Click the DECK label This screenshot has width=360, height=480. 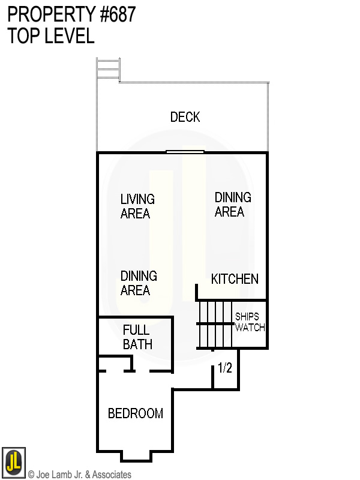click(185, 117)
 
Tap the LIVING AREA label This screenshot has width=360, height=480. click(137, 206)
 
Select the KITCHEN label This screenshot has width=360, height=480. click(235, 279)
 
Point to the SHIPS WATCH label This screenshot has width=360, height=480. click(250, 322)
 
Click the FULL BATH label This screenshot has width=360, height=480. click(137, 337)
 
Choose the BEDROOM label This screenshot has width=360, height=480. click(136, 413)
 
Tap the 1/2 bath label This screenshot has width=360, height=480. click(225, 368)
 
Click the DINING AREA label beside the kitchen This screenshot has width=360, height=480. click(233, 205)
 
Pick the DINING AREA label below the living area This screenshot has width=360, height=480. click(139, 283)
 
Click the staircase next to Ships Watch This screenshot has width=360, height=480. click(215, 324)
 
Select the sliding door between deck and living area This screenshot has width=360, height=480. click(185, 152)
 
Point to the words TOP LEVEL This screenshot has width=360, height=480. click(51, 36)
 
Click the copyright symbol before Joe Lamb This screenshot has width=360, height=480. click(31, 475)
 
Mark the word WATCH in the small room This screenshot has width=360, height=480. click(250, 328)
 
